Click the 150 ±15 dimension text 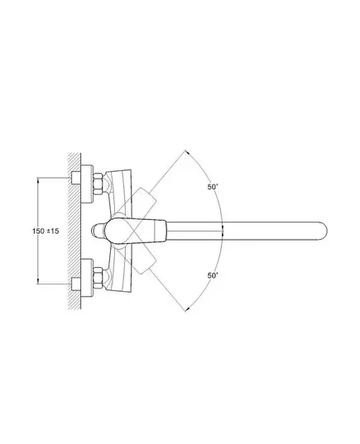coord(46,231)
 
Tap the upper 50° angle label coord(213,187)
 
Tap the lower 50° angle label coord(213,275)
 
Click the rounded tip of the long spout coord(323,231)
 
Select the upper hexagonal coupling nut coord(98,184)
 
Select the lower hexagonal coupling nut coord(98,278)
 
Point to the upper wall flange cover coord(87,184)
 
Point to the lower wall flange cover coord(87,278)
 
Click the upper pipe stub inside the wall coord(76,178)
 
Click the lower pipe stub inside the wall coord(76,284)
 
